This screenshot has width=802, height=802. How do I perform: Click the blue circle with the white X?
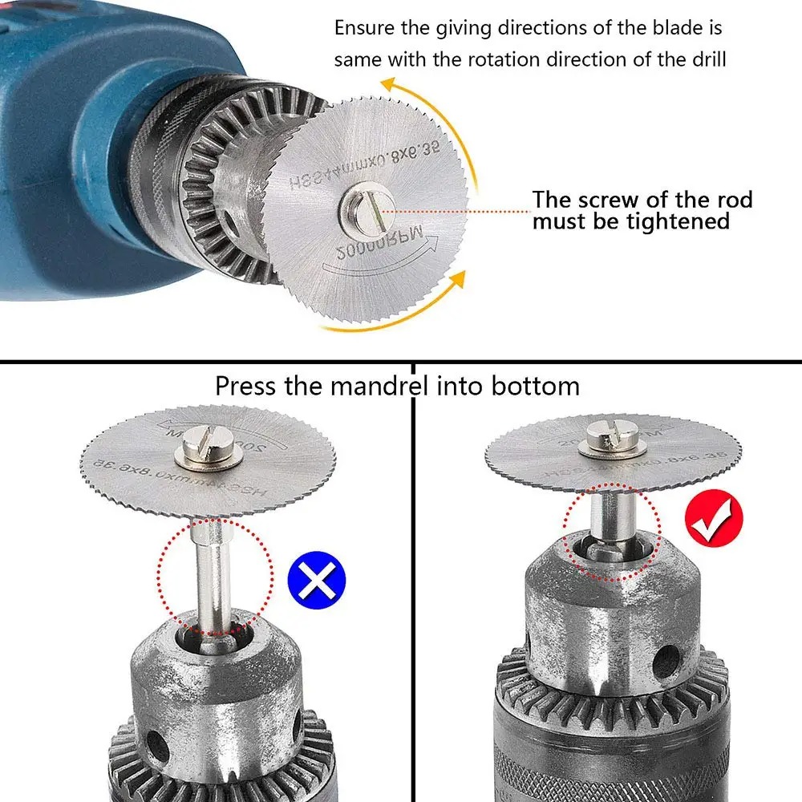click(x=316, y=579)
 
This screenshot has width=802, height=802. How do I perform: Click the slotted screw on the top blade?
click(x=367, y=207)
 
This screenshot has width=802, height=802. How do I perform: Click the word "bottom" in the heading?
click(x=533, y=386)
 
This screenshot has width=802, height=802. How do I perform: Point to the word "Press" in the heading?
click(x=246, y=386)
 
